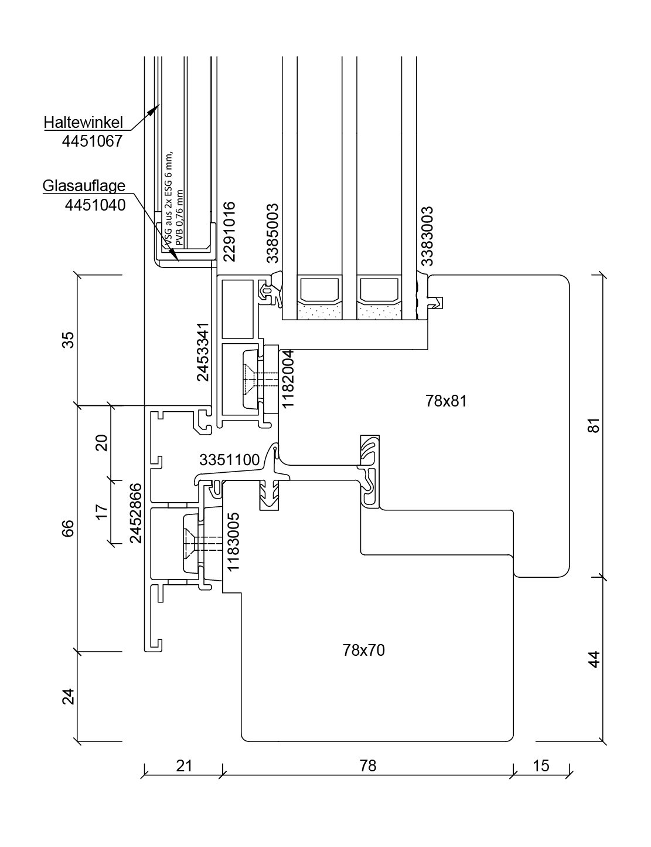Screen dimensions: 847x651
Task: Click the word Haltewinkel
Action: [84, 123]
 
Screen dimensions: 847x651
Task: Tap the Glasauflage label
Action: [84, 186]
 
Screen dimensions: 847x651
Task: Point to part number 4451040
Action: [95, 205]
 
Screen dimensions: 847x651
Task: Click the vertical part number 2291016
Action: [229, 232]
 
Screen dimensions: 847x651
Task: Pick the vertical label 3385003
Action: [272, 233]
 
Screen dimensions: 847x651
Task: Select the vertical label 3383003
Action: [427, 235]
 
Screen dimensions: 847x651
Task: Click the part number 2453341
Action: [203, 352]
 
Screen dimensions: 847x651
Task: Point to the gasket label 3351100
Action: [229, 460]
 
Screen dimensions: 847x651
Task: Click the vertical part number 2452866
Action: [136, 513]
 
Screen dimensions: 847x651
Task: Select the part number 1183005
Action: [233, 542]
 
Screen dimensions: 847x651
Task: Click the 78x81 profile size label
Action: [447, 401]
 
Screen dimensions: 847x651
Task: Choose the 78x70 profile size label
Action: [364, 650]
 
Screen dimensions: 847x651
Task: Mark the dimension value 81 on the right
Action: [594, 425]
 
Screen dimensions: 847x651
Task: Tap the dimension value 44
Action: [594, 659]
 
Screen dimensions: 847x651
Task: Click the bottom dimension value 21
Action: [183, 765]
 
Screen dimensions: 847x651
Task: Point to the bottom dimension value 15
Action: [541, 765]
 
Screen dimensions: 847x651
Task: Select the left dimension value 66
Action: [69, 528]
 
